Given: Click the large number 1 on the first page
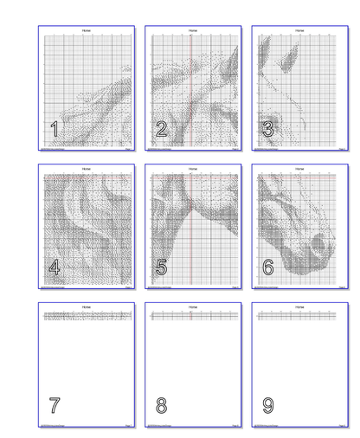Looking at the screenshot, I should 55,130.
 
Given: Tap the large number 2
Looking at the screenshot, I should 161,130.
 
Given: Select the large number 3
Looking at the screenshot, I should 267,130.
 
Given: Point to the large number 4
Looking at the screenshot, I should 55,267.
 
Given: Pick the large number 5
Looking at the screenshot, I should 161,267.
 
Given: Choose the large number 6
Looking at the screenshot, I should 267,267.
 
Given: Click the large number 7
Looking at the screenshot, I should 55,405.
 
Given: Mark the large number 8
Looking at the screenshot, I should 161,405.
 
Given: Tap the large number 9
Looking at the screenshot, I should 267,405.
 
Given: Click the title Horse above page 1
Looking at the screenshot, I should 86,30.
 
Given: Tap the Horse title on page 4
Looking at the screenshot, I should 86,169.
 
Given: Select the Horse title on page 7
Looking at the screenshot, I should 86,306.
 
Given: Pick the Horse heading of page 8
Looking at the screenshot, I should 192,306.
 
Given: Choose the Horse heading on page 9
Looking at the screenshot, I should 299,306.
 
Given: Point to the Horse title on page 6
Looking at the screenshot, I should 299,169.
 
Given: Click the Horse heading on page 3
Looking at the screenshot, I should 299,30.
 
